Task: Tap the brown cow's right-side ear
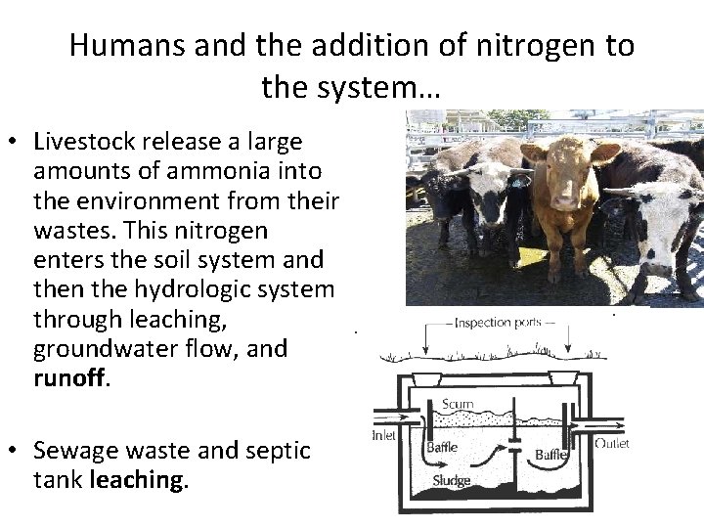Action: coord(607,153)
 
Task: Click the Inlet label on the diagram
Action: coord(384,436)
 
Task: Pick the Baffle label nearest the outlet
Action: coord(551,454)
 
